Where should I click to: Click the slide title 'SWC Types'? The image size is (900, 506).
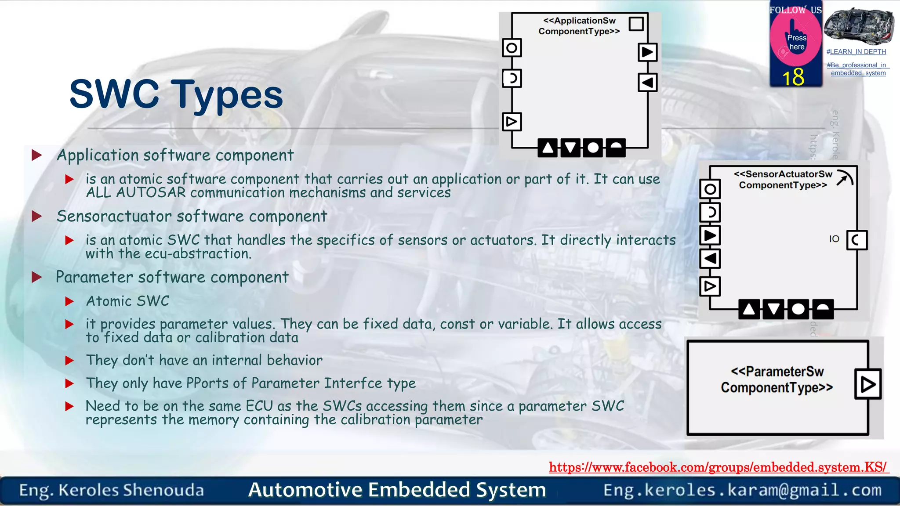[x=176, y=94]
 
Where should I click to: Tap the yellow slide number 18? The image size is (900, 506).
[x=793, y=77]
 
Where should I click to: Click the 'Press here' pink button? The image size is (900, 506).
[x=796, y=42]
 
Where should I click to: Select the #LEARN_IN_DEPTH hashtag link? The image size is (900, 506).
[x=856, y=52]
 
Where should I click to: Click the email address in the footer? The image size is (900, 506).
[x=742, y=490]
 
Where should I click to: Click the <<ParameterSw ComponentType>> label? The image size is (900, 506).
[x=777, y=379]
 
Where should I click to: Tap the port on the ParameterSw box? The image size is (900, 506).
[x=868, y=384]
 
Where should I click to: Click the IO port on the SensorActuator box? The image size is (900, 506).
[x=856, y=240]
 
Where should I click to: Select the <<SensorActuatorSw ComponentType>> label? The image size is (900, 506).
[x=783, y=180]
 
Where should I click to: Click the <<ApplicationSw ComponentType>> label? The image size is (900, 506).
[x=579, y=26]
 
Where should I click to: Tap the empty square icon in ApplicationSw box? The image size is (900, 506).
[x=636, y=24]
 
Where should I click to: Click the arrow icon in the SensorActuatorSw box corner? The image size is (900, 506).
[x=844, y=178]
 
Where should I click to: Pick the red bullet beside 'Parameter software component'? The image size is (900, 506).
[x=37, y=277]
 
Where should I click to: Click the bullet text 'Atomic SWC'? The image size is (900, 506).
[x=127, y=301]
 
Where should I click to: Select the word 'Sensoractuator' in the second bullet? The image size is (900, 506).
[x=114, y=216]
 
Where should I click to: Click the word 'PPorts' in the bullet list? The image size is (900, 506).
[x=207, y=383]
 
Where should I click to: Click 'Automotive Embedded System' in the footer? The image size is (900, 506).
[x=397, y=490]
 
